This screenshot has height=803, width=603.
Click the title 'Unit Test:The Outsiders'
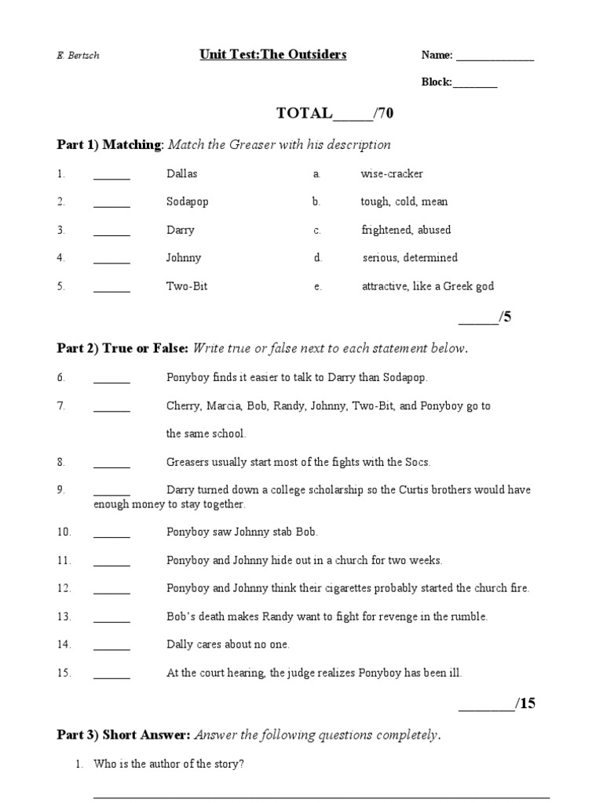pyautogui.click(x=272, y=55)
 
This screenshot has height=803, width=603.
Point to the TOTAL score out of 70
pyautogui.click(x=334, y=114)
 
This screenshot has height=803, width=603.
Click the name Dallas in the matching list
pyautogui.click(x=182, y=173)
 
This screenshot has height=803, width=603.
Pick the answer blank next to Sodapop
pyautogui.click(x=111, y=203)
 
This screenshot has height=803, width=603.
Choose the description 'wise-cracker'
pyautogui.click(x=391, y=173)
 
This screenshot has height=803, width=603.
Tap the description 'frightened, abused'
pyautogui.click(x=406, y=230)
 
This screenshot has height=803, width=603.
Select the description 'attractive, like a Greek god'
pyautogui.click(x=427, y=286)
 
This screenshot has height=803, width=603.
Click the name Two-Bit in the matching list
pyautogui.click(x=187, y=286)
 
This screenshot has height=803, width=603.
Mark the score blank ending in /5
pyautogui.click(x=477, y=318)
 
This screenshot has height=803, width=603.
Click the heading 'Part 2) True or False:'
pyautogui.click(x=122, y=348)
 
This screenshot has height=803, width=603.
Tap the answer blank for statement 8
pyautogui.click(x=111, y=463)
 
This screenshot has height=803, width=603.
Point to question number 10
pyautogui.click(x=64, y=532)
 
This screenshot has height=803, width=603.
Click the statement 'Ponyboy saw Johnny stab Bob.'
pyautogui.click(x=242, y=532)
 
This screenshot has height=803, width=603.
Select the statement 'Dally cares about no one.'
pyautogui.click(x=228, y=645)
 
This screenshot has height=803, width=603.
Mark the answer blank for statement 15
pyautogui.click(x=111, y=674)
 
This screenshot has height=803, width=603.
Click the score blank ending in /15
pyautogui.click(x=485, y=704)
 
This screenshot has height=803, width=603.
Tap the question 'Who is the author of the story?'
pyautogui.click(x=169, y=764)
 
